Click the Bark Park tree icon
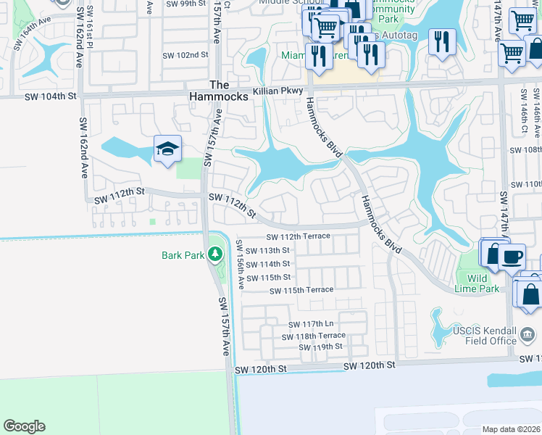[x=214, y=254]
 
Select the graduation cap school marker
[x=167, y=150]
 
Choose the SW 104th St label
[x=50, y=96]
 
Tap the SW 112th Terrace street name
[x=299, y=236]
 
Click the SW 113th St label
[x=267, y=251]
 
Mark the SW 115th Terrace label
[x=301, y=290]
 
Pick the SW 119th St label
[x=320, y=347]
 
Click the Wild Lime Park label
[x=483, y=283]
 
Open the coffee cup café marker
[x=512, y=256]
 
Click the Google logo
[x=24, y=426]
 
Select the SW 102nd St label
[x=185, y=55]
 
